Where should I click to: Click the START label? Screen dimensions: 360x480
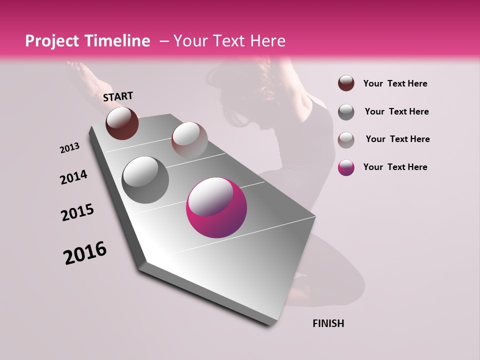coord(118,96)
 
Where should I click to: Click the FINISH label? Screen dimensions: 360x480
coord(328,323)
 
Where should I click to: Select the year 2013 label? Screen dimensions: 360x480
coord(70,148)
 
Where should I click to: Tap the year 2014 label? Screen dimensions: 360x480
coord(73,177)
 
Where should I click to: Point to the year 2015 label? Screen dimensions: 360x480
coord(77,212)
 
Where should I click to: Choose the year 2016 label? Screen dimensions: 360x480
coord(85,252)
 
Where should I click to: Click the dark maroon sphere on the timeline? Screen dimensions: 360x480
coord(122,123)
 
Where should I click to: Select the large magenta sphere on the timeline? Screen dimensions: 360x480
coord(216,207)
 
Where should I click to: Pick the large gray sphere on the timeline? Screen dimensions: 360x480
coord(145,179)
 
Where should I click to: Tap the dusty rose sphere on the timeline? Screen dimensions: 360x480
coord(189,140)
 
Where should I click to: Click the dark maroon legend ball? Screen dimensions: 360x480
coord(346,83)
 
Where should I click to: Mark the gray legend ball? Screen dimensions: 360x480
coord(346,111)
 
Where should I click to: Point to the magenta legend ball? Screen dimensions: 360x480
coord(346,167)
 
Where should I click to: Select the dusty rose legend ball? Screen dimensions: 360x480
coord(346,139)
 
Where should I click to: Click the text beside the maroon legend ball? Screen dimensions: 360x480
coord(395,83)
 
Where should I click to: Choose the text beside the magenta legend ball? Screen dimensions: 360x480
coord(395,167)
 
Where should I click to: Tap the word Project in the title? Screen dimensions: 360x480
coord(51,41)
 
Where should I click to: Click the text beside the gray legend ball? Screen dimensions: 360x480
coord(396,111)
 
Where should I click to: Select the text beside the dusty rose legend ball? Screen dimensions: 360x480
coord(397,139)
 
